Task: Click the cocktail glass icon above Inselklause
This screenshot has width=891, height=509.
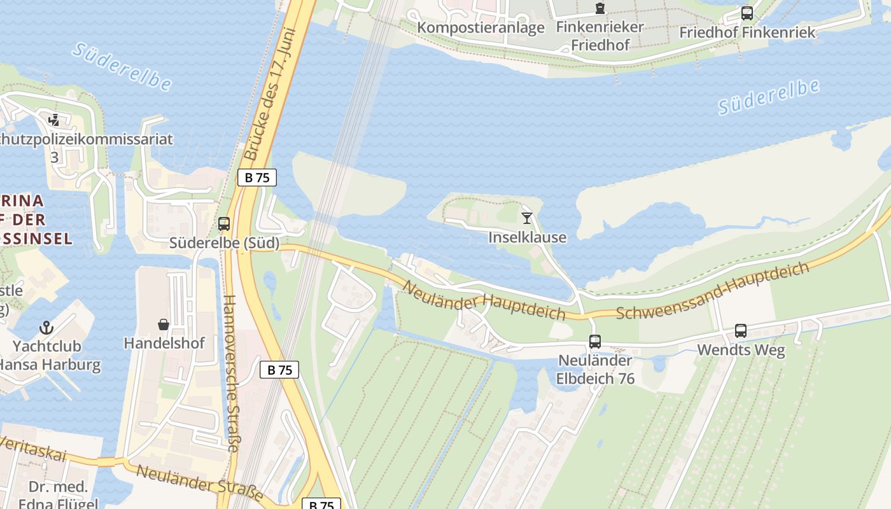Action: click(x=527, y=218)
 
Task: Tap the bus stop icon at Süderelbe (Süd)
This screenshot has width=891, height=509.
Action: click(x=224, y=224)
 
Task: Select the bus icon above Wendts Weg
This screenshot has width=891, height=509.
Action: click(x=741, y=331)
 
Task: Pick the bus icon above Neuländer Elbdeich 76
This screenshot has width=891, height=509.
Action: click(x=595, y=342)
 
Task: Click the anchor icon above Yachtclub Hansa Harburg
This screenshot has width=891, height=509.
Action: click(x=46, y=328)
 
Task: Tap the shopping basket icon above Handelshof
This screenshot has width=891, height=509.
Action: click(x=164, y=324)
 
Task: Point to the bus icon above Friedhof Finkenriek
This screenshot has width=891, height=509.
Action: click(x=747, y=13)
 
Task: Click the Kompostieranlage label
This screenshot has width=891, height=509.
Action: click(x=481, y=27)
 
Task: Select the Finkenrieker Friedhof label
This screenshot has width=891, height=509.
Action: click(x=600, y=36)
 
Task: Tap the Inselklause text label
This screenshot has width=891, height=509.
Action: click(x=527, y=237)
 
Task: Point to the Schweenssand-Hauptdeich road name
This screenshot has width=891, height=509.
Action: click(x=713, y=291)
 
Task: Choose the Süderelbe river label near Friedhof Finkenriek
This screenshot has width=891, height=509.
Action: click(x=769, y=97)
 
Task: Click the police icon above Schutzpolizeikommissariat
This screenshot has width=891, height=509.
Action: click(x=55, y=120)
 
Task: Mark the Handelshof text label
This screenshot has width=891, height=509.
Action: click(x=164, y=343)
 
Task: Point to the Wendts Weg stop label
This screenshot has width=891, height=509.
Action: click(x=741, y=350)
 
